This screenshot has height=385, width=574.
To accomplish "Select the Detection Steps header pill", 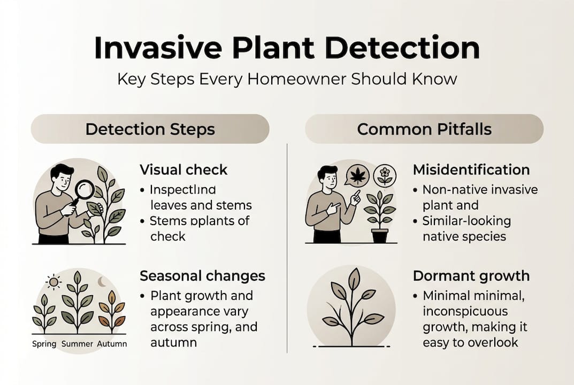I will (x=150, y=129).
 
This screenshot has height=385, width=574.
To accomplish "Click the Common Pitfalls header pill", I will (x=424, y=129).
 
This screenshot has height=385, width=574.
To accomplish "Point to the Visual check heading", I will (x=183, y=170).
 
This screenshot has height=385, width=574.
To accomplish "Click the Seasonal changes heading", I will (x=202, y=276).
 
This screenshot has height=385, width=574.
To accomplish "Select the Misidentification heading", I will (x=471, y=170).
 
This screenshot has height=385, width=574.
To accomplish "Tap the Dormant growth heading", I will (x=471, y=276).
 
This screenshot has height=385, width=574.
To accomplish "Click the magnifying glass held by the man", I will (x=84, y=189).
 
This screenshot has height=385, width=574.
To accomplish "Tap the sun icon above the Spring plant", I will (x=53, y=282).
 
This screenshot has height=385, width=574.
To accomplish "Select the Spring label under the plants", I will (x=44, y=343).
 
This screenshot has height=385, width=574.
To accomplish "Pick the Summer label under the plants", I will (x=78, y=343).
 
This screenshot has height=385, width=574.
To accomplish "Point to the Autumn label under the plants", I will (x=112, y=343).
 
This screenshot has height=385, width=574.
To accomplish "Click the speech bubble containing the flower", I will (x=384, y=175).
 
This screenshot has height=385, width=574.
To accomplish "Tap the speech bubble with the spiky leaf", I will (x=357, y=175).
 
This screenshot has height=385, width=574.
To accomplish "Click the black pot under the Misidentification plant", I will (x=379, y=236).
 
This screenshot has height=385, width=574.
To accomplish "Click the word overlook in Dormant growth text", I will (x=492, y=342).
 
